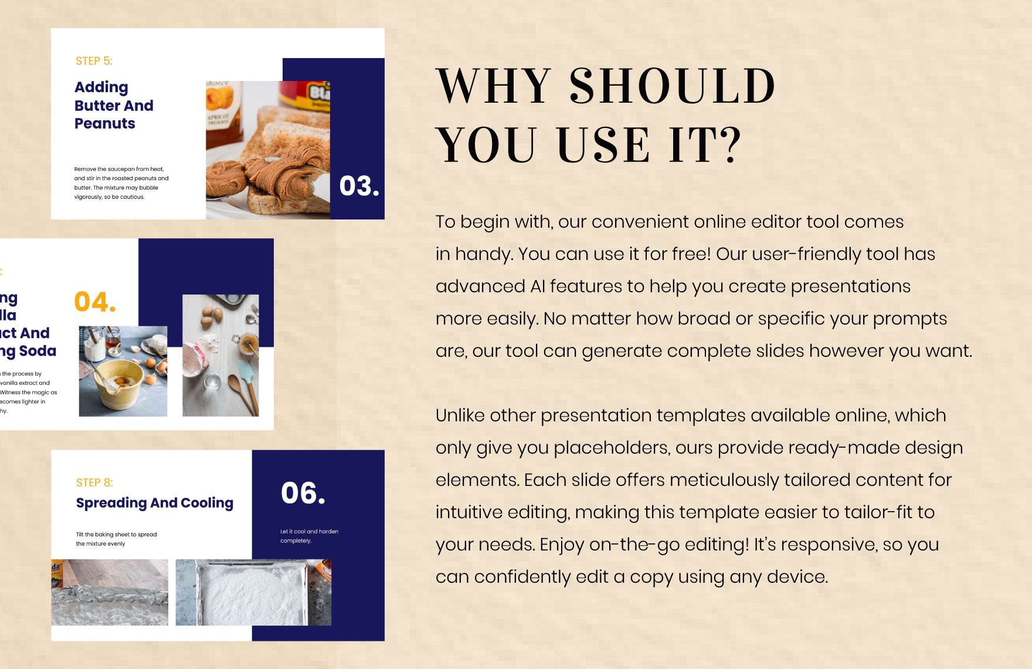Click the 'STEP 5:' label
(94, 61)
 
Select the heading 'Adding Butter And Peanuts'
(114, 106)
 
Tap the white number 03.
(359, 186)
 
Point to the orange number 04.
(94, 302)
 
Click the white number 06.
(303, 493)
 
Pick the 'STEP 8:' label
(94, 482)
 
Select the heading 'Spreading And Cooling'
(155, 503)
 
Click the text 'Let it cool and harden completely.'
(309, 536)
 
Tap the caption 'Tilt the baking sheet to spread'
(116, 535)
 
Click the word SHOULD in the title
(673, 87)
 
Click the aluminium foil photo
(110, 593)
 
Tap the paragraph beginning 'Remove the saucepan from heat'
(121, 183)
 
